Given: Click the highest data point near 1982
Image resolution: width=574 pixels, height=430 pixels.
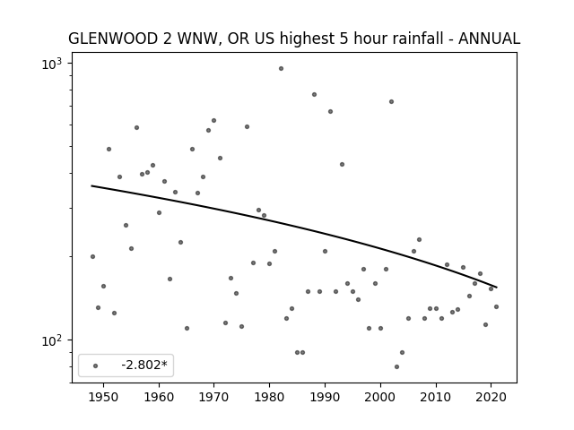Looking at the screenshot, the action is pos(281,68).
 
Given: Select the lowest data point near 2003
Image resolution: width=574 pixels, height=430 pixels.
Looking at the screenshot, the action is pos(396,366).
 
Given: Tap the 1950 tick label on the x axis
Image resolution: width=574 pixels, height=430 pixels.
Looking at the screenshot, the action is pos(104,397).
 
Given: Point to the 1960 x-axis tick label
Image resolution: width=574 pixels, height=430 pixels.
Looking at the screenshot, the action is pos(159,397).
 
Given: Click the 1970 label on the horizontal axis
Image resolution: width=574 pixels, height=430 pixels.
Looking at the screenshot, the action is pos(213,397).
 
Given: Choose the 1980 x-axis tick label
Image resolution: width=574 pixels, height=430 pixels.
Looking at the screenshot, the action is pos(269,397).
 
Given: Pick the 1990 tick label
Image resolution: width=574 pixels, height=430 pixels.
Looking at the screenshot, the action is pos(325,397).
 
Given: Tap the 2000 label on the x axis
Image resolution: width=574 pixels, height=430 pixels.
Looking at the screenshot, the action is pos(380,397).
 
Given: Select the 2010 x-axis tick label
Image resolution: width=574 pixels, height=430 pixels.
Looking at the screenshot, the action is pos(436,397).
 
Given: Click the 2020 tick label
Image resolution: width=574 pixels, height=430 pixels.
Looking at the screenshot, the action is pos(491,397).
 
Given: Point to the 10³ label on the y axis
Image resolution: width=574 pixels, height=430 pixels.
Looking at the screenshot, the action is pos(52,64).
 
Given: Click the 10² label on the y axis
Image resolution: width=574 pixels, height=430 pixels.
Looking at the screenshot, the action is pos(52,340).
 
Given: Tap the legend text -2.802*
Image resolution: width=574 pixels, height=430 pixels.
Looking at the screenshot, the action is pos(144,365).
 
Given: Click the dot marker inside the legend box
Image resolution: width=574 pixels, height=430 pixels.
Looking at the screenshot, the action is pos(96,365).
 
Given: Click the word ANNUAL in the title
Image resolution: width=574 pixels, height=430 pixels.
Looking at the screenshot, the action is pos(489,39).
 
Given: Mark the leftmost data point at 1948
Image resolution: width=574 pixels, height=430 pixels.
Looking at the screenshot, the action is pos(92,257).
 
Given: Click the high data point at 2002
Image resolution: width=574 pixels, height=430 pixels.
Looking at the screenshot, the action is pos(391,101).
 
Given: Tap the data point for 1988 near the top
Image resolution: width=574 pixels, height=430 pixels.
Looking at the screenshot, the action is pos(314,94).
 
